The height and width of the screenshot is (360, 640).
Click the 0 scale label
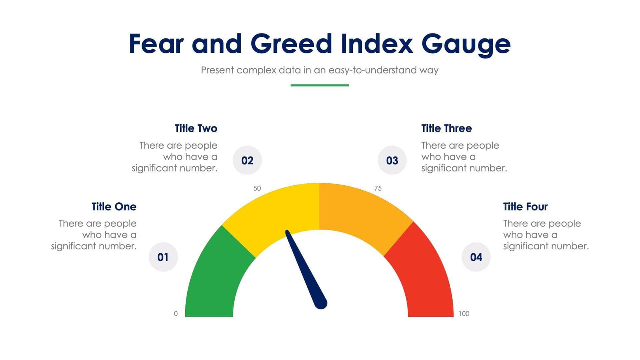point(176,314)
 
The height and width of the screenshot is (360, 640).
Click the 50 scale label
point(257,188)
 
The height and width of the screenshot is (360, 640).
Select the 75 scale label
point(378,188)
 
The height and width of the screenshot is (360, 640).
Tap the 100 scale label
point(464,314)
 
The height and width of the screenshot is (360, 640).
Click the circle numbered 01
point(163,257)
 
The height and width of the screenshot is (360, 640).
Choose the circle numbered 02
point(247,160)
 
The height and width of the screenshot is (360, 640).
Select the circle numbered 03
point(392,160)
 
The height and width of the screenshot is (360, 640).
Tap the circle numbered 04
point(476,257)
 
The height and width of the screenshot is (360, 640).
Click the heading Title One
point(114,207)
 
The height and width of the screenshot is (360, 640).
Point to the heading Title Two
point(196,128)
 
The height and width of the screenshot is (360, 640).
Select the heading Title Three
point(446,128)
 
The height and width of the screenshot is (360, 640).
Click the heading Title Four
point(525,207)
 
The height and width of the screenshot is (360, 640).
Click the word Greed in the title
point(291,43)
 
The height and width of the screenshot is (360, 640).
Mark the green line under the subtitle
point(320,85)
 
